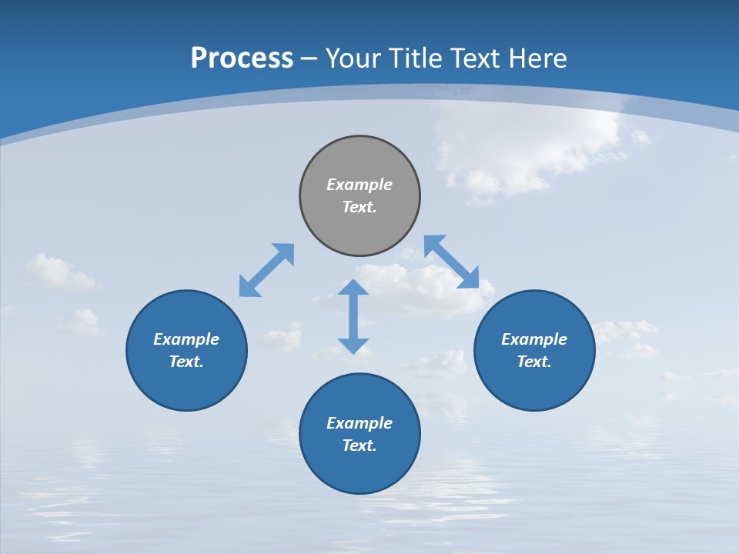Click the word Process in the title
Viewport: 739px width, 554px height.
tap(242, 58)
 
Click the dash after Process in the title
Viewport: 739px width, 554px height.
tap(309, 60)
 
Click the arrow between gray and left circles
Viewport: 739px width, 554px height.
tap(266, 270)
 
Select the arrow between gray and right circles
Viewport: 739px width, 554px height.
tap(452, 262)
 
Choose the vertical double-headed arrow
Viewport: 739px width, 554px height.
tap(353, 316)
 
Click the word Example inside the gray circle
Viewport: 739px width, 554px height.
tap(359, 185)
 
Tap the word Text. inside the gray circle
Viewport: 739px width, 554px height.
tap(359, 207)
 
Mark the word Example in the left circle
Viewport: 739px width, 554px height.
tap(186, 339)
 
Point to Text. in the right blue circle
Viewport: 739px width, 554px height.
tap(534, 362)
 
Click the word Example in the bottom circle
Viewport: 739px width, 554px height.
tap(359, 423)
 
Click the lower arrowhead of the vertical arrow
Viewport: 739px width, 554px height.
tap(353, 345)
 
